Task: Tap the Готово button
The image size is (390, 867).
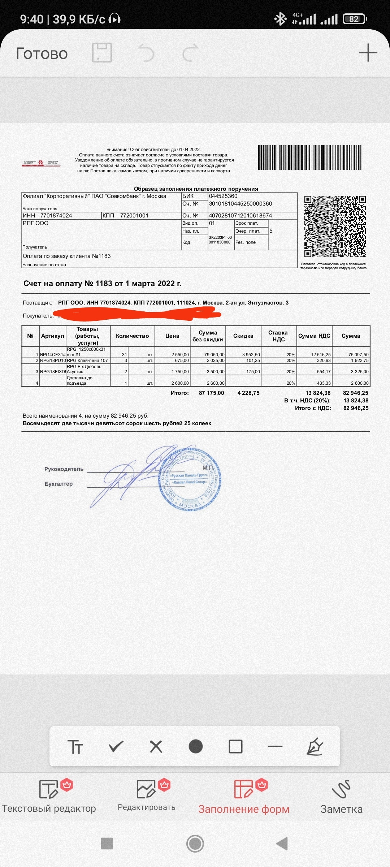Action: (x=42, y=53)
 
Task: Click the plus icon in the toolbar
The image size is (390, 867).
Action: (x=368, y=53)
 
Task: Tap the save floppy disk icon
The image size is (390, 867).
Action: (x=102, y=53)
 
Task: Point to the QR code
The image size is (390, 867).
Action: (x=335, y=227)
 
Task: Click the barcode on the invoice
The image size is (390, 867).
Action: (x=309, y=158)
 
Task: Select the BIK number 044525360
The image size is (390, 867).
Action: (x=223, y=196)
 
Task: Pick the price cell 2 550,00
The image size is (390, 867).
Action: (x=180, y=355)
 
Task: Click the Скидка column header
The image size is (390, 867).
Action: (x=243, y=336)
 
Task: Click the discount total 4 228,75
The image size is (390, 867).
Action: (x=248, y=393)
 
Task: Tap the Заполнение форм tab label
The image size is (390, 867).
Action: (x=244, y=809)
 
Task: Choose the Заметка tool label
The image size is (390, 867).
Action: (x=341, y=809)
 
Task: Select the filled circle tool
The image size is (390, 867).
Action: (x=196, y=746)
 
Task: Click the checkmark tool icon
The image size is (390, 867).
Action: (x=116, y=746)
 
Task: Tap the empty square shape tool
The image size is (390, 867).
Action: (x=235, y=746)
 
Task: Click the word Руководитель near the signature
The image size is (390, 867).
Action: (x=64, y=469)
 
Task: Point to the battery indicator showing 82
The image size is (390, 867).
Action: (x=355, y=19)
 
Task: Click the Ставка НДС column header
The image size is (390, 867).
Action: (x=278, y=336)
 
